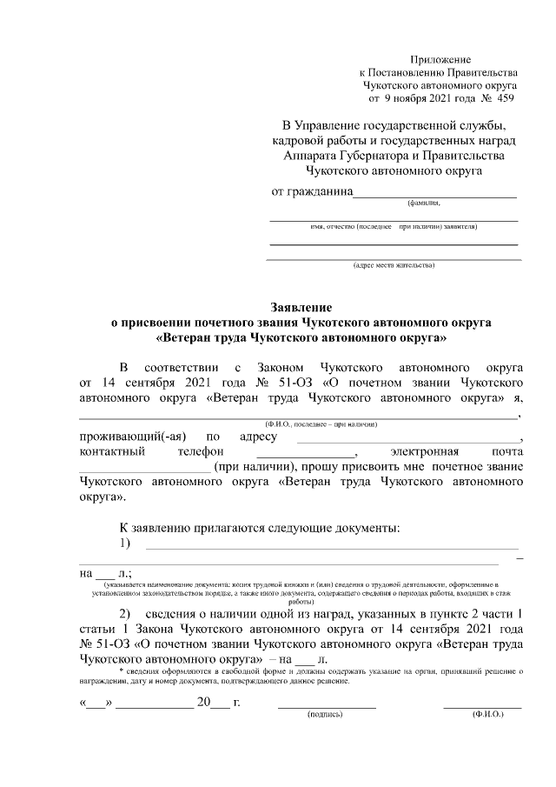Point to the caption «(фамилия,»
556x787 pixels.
click(x=423, y=203)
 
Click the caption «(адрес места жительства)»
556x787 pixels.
click(x=394, y=264)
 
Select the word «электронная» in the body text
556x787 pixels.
click(x=426, y=452)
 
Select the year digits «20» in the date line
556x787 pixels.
click(x=205, y=702)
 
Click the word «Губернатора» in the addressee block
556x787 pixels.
click(x=358, y=156)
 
